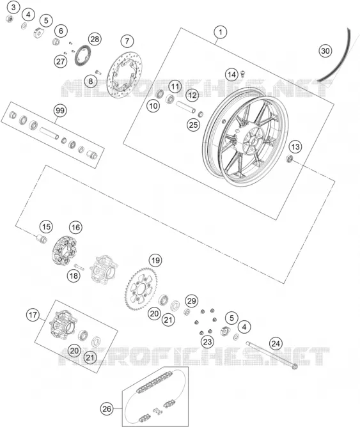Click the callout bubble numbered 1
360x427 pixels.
pos(221,32)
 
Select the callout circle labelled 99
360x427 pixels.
pos(60,111)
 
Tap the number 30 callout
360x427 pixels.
pos(325,51)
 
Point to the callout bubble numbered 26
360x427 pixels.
pos(107,408)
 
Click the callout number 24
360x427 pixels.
pos(276,344)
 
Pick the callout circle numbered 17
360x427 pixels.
pos(33,315)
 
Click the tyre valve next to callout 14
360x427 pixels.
pos(243,74)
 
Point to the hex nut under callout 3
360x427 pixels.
pos(9,19)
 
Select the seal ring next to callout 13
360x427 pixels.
pos(289,159)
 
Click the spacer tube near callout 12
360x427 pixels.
pos(185,107)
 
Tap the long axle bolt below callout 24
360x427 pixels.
pos(272,355)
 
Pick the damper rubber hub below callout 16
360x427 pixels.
pos(65,251)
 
